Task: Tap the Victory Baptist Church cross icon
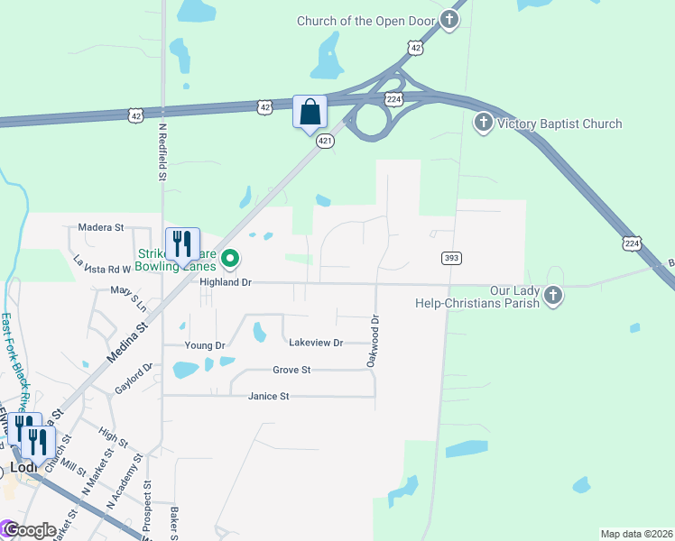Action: [x=484, y=124]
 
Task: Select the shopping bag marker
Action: [x=309, y=113]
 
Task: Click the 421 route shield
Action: [x=326, y=142]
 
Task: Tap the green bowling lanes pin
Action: [x=230, y=259]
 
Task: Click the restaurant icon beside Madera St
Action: [x=181, y=243]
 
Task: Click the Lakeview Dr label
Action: [x=316, y=343]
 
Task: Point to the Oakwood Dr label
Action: [x=371, y=340]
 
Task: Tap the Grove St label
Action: [x=291, y=370]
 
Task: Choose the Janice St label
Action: [x=269, y=396]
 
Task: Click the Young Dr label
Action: [x=204, y=345]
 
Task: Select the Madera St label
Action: [x=100, y=227]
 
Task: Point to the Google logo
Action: [x=31, y=530]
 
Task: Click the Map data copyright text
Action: [x=636, y=534]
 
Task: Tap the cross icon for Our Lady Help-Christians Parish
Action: [x=553, y=295]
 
